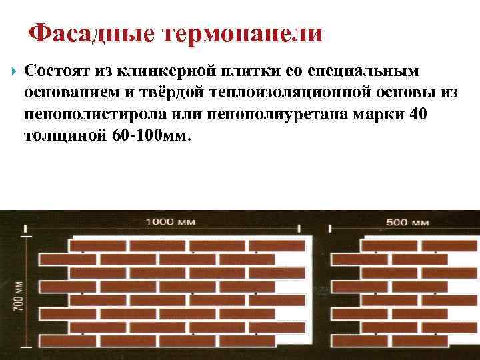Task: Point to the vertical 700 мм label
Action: pyautogui.click(x=18, y=293)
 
